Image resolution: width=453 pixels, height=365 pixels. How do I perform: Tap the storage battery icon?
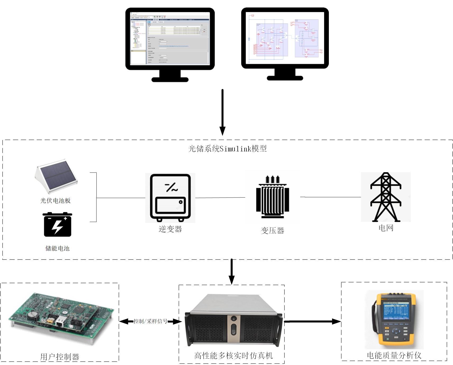click(58, 225)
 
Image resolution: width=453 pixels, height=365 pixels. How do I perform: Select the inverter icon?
click(170, 198)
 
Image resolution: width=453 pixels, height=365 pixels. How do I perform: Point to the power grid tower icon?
click(386, 197)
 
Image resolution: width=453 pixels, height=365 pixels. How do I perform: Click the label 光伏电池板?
click(55, 201)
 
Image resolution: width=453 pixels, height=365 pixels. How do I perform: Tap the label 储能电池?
click(57, 248)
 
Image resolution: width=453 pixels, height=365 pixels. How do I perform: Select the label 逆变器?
click(170, 229)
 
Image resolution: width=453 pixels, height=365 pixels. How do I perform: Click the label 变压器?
click(273, 231)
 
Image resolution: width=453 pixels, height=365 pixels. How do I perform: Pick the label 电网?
click(386, 228)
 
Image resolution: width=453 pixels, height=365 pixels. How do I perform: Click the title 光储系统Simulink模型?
click(227, 149)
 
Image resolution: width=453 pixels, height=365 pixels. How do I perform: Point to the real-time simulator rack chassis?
click(233, 320)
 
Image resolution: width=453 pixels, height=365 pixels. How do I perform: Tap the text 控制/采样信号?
click(151, 321)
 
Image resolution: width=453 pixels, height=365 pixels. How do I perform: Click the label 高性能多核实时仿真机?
click(233, 356)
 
